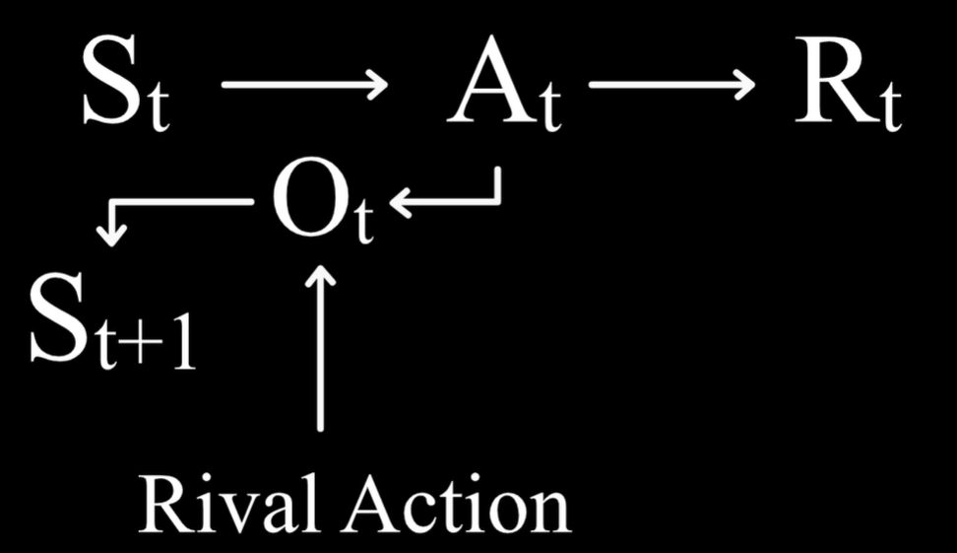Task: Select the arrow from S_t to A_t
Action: [304, 86]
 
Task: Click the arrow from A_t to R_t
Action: [670, 86]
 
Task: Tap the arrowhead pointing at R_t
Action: [744, 86]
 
